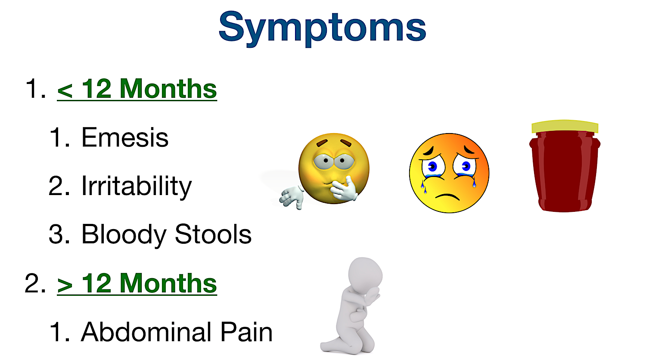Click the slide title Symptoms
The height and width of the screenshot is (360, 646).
(x=322, y=27)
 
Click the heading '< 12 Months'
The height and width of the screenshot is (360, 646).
(x=137, y=89)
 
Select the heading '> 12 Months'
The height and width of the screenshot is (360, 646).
(x=137, y=283)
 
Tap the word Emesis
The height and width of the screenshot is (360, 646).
(x=125, y=138)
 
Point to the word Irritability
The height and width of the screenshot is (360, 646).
(x=137, y=186)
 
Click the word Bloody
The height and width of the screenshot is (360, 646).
(x=124, y=235)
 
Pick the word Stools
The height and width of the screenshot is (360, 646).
(x=213, y=235)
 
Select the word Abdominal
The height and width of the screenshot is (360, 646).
(x=146, y=332)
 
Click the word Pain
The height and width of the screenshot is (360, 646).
(x=246, y=332)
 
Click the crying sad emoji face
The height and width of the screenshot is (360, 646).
(x=449, y=173)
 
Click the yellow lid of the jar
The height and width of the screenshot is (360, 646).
(x=565, y=126)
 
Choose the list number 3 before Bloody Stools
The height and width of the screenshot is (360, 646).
(x=58, y=235)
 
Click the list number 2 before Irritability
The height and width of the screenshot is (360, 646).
(x=58, y=186)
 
